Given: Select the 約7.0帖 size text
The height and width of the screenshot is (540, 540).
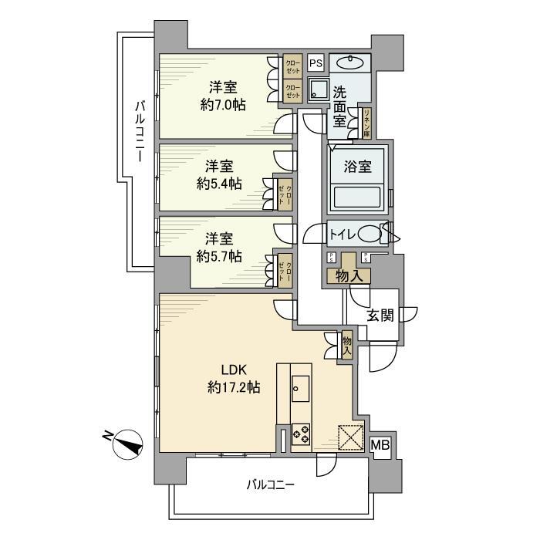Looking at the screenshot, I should [x=223, y=105].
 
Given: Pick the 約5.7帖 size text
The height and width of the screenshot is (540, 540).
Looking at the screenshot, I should [x=219, y=255].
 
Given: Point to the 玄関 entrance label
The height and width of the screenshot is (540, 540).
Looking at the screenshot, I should [x=380, y=315].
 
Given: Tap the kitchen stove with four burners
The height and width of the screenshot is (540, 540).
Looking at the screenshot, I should [x=301, y=434].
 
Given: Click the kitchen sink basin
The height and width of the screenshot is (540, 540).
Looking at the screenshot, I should [x=300, y=387].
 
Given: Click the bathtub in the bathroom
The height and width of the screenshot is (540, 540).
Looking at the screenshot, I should [x=357, y=198].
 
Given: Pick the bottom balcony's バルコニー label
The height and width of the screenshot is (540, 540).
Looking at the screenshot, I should [x=271, y=484].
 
